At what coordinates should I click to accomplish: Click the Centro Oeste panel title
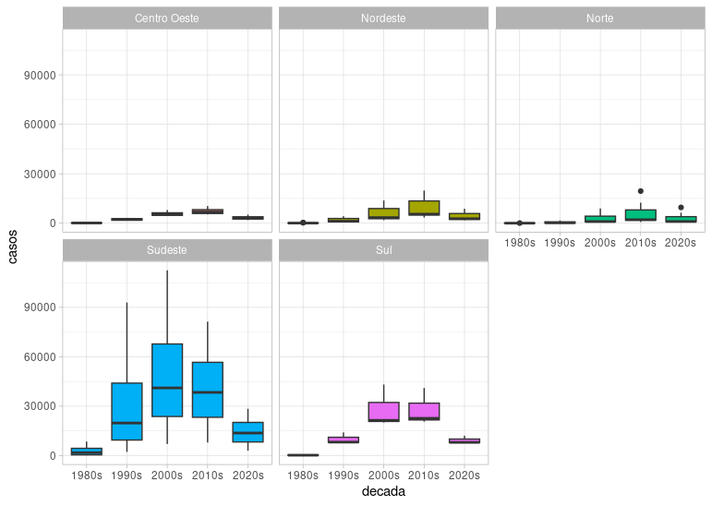[x=166, y=18]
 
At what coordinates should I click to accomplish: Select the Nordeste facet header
[x=383, y=18]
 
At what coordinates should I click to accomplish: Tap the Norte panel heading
[x=599, y=18]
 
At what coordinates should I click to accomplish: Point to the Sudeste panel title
[x=166, y=250]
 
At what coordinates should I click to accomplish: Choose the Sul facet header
[x=383, y=250]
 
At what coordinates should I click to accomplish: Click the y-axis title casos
[x=12, y=245]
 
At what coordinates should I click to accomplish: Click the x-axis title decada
[x=383, y=492]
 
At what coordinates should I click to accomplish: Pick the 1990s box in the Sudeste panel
[x=127, y=411]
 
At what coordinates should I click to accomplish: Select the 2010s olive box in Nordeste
[x=424, y=208]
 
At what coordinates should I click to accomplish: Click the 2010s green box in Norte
[x=640, y=215]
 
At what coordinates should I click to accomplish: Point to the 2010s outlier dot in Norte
[x=640, y=191]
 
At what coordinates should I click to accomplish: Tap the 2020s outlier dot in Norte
[x=681, y=208]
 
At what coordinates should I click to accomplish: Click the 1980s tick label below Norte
[x=519, y=243]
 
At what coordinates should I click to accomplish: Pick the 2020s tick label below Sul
[x=465, y=476]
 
